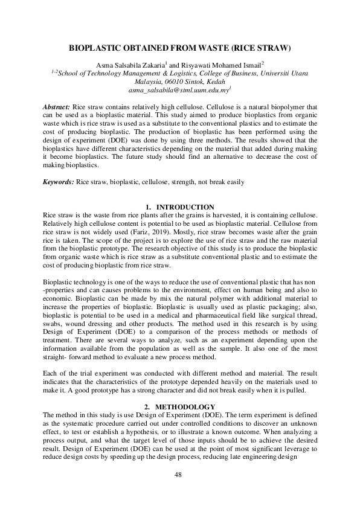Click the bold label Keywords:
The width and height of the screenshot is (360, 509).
coord(59,182)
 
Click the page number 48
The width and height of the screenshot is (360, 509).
coord(178,475)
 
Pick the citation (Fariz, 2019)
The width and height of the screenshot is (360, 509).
coord(151,233)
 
